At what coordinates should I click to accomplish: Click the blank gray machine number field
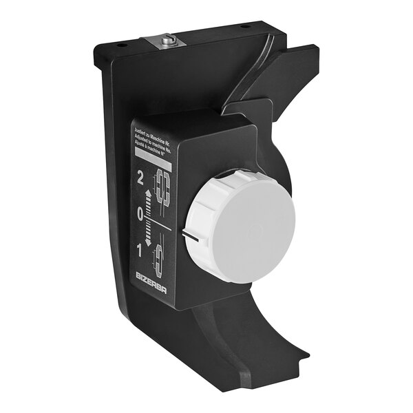[153, 164]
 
